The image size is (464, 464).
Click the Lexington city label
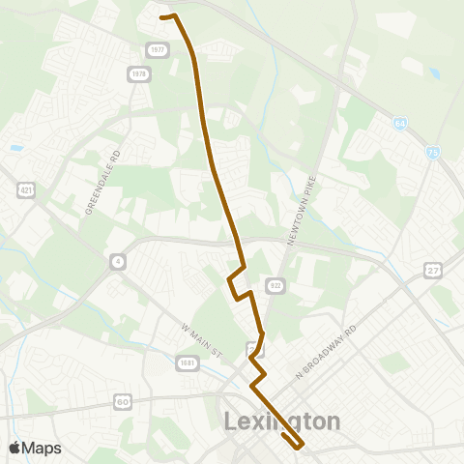[x=282, y=422]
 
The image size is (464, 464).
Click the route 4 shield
[x=117, y=261]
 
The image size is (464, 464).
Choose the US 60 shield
[x=123, y=400]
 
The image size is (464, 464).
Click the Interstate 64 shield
[x=400, y=124]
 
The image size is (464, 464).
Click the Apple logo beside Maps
[x=15, y=448]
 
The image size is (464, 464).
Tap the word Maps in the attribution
[x=43, y=448]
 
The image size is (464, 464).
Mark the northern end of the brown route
[x=160, y=16]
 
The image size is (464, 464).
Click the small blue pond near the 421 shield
[x=16, y=148]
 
